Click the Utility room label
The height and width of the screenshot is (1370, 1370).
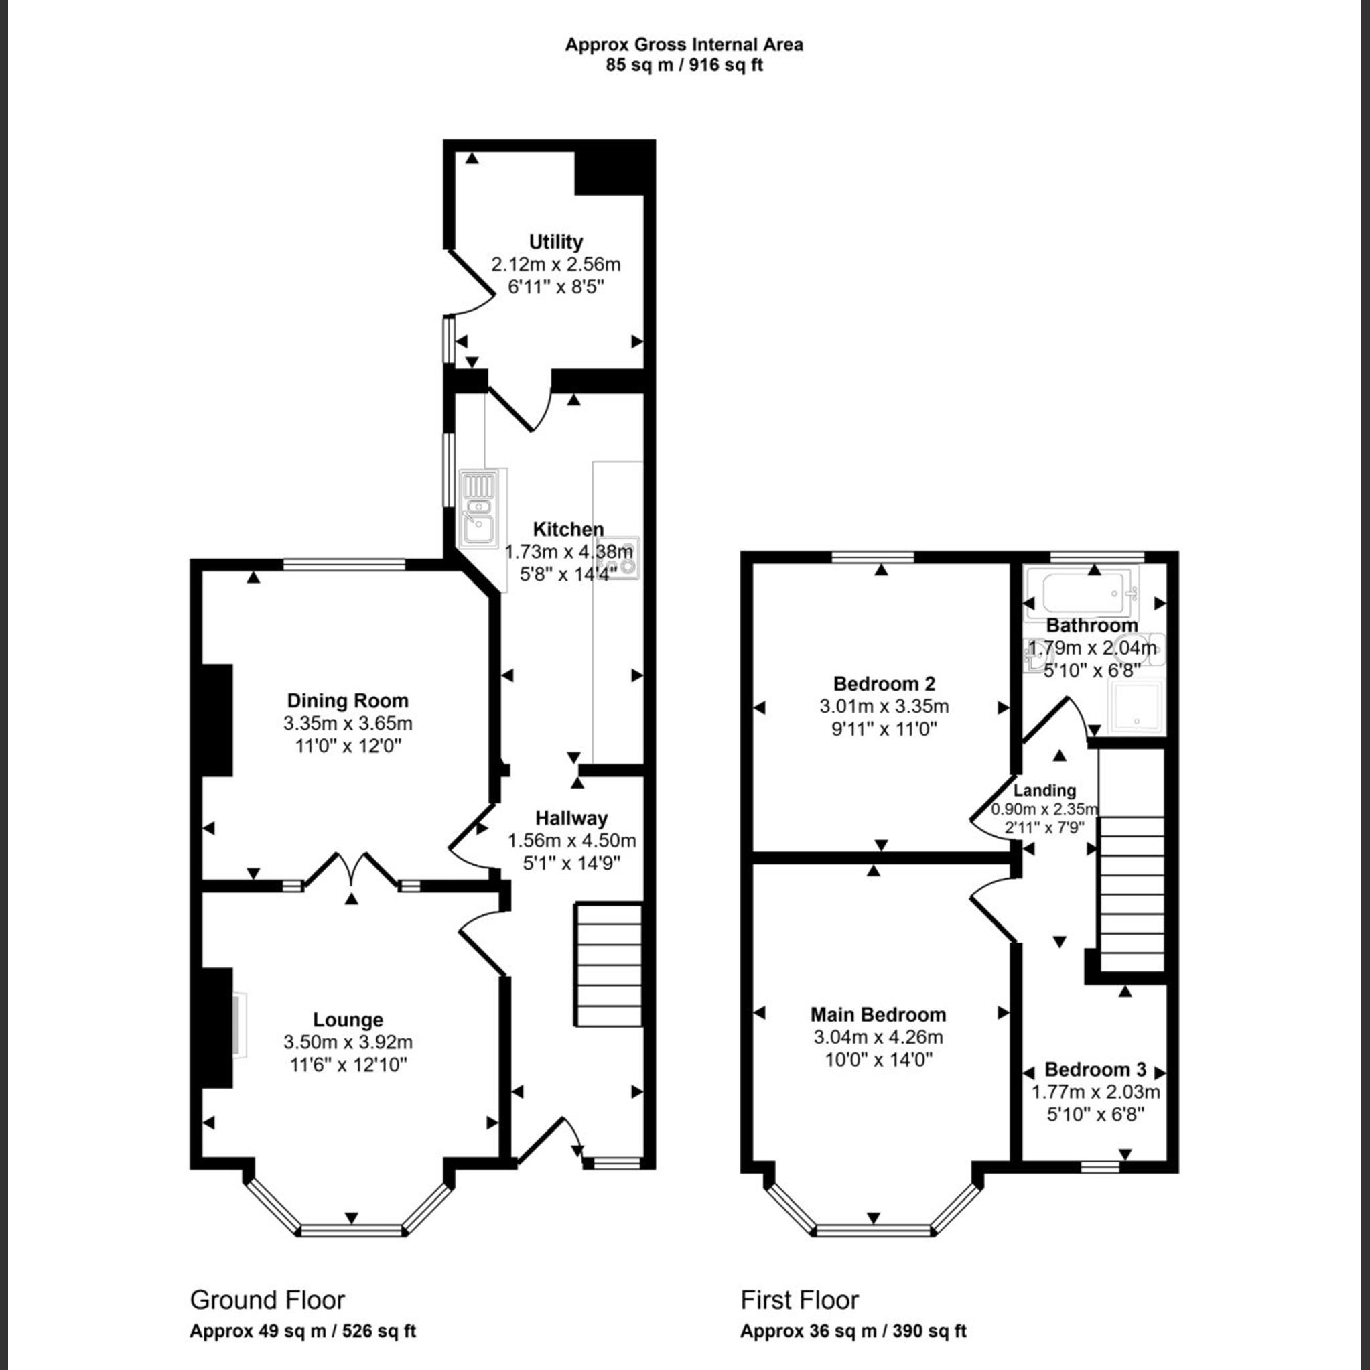tap(555, 242)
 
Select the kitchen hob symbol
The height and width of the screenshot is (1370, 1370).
tap(626, 558)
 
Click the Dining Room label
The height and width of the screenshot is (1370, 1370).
tap(348, 701)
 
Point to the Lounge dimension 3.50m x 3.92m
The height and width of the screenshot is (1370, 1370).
tap(348, 1042)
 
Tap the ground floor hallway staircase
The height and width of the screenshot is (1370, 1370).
tap(608, 965)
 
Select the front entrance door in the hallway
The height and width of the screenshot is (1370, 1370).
tap(549, 1142)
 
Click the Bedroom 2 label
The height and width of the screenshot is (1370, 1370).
tap(884, 683)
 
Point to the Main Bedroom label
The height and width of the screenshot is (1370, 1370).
tap(878, 1014)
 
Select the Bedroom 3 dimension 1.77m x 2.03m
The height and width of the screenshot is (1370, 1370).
tap(1095, 1092)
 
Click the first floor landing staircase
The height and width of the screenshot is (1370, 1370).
tap(1132, 894)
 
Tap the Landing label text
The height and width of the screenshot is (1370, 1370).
tap(1044, 791)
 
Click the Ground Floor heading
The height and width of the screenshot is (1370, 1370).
tap(267, 1300)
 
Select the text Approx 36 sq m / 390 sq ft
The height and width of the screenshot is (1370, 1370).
tap(853, 1331)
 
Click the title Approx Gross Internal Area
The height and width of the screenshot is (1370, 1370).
tap(683, 45)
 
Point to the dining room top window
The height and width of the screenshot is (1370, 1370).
tap(344, 565)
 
